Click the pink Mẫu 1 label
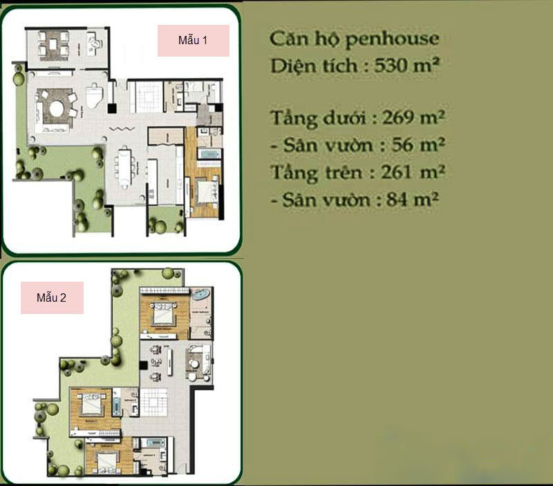coord(194,41)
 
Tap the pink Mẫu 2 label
coord(52,298)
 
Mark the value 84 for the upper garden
coord(405,200)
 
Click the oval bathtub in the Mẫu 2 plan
coord(201,295)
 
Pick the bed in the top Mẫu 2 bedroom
coord(163,314)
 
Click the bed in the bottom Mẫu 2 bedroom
coord(102,458)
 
